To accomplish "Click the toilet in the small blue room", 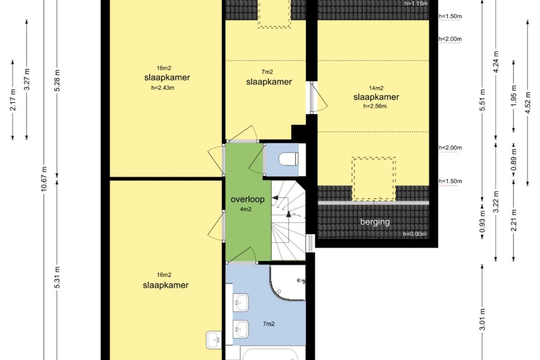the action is coord(288,159).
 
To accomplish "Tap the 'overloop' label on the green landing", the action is coord(247,199).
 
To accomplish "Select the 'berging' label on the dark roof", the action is coord(375,222).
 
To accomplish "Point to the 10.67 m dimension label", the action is coord(44,179).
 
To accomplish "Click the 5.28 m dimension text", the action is coord(58,81).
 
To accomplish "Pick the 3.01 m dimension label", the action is coord(482,319).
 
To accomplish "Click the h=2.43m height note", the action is coord(163,88).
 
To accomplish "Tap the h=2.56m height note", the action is coord(375,106).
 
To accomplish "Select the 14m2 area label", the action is coord(376,88).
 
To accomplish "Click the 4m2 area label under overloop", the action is coord(246,209).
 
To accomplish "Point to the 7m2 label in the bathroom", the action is coord(269,324).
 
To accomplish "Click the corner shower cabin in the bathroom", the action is coord(288,283).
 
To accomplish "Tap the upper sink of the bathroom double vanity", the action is coord(241,302).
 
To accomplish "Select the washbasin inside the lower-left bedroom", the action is coord(214,340).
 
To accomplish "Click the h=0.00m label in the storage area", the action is coord(414,234).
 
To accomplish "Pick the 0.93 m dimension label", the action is coord(482,221).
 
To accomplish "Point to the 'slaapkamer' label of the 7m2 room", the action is coord(269,82).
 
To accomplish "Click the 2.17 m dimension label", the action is coord(13,100).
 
